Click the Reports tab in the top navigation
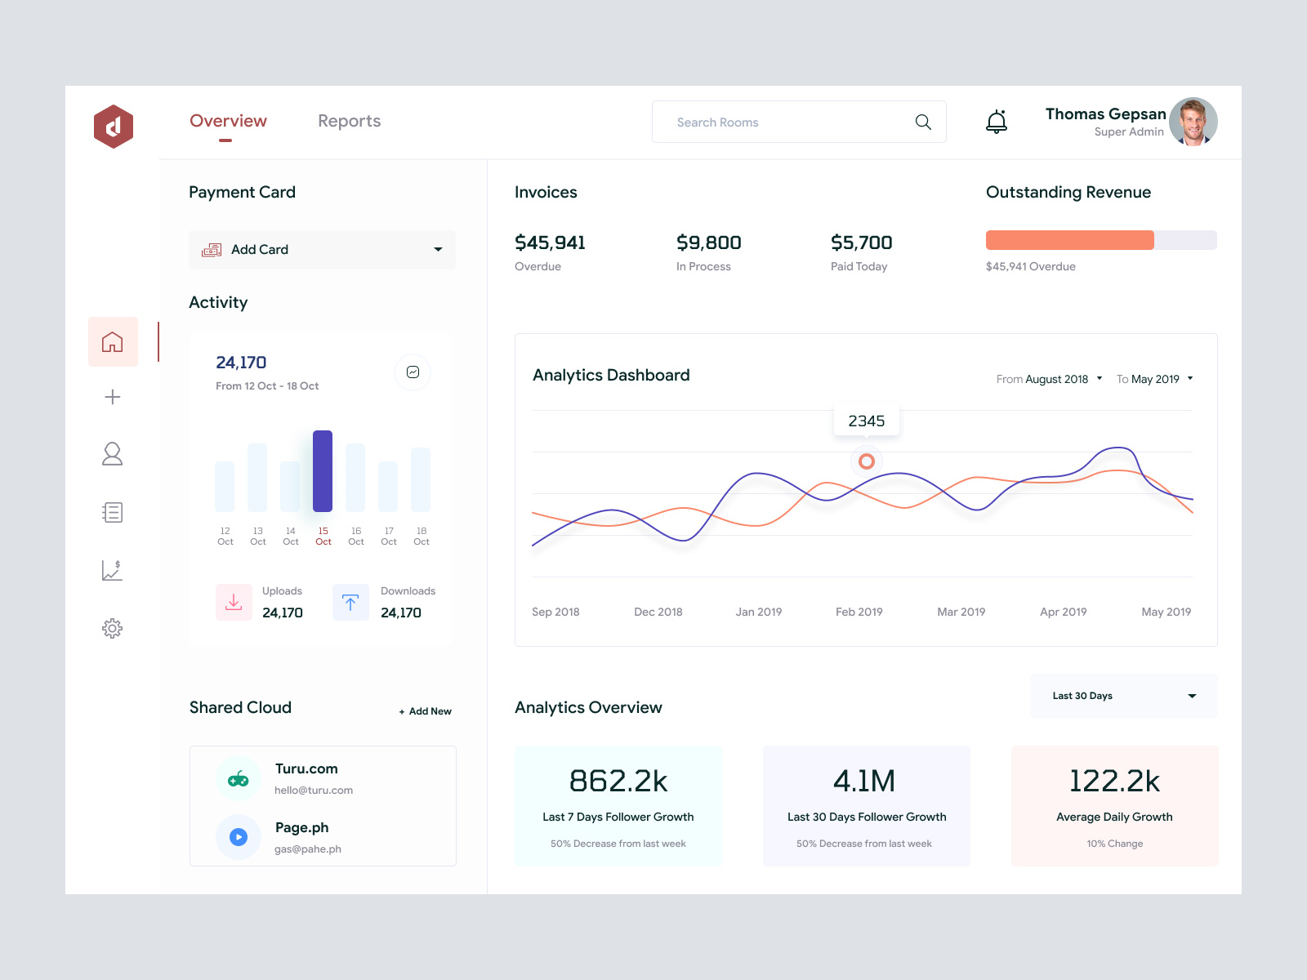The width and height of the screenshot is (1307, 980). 349,121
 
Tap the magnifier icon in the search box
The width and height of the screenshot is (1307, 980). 923,122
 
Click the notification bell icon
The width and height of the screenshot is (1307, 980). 996,122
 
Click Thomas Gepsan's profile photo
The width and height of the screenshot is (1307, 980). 1193,122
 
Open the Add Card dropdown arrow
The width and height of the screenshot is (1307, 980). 438,250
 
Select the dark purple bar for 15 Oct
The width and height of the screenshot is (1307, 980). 323,470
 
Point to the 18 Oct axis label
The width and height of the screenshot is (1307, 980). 422,537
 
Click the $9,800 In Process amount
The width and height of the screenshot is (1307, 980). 708,243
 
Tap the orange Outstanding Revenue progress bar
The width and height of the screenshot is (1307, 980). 1069,240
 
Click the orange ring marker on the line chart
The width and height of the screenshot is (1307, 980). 867,461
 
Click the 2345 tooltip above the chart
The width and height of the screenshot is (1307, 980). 866,421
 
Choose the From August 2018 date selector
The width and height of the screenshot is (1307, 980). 1049,379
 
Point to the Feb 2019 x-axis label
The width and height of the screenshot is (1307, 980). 859,612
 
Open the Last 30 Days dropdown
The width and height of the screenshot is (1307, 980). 1123,696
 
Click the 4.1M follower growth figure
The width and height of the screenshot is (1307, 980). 864,782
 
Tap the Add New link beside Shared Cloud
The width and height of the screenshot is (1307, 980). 426,711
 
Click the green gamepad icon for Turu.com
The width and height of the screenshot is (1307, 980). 239,779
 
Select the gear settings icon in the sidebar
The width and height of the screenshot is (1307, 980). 113,628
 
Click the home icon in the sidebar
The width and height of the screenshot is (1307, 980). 113,341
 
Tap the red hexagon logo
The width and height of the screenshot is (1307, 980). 114,127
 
